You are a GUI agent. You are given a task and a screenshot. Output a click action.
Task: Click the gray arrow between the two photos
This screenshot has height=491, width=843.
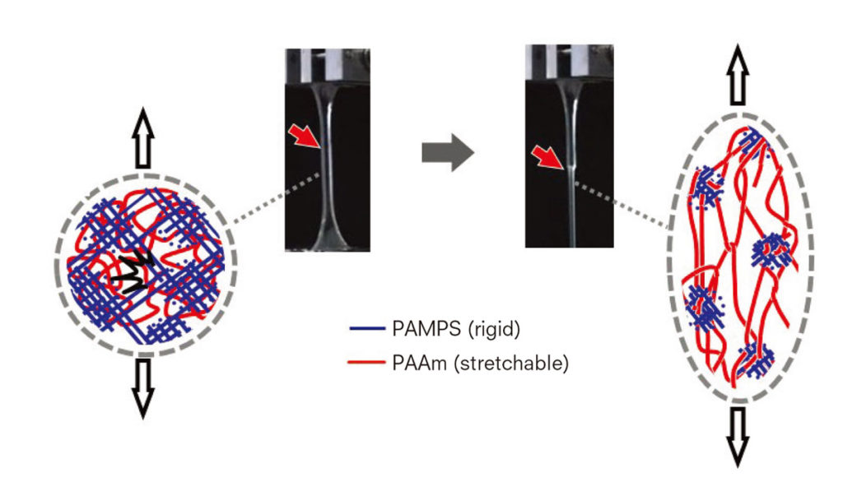[447, 152]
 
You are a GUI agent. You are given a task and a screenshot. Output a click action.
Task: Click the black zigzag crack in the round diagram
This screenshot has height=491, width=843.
[129, 276]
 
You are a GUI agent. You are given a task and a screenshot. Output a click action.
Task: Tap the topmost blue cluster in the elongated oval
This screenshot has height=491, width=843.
[748, 141]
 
